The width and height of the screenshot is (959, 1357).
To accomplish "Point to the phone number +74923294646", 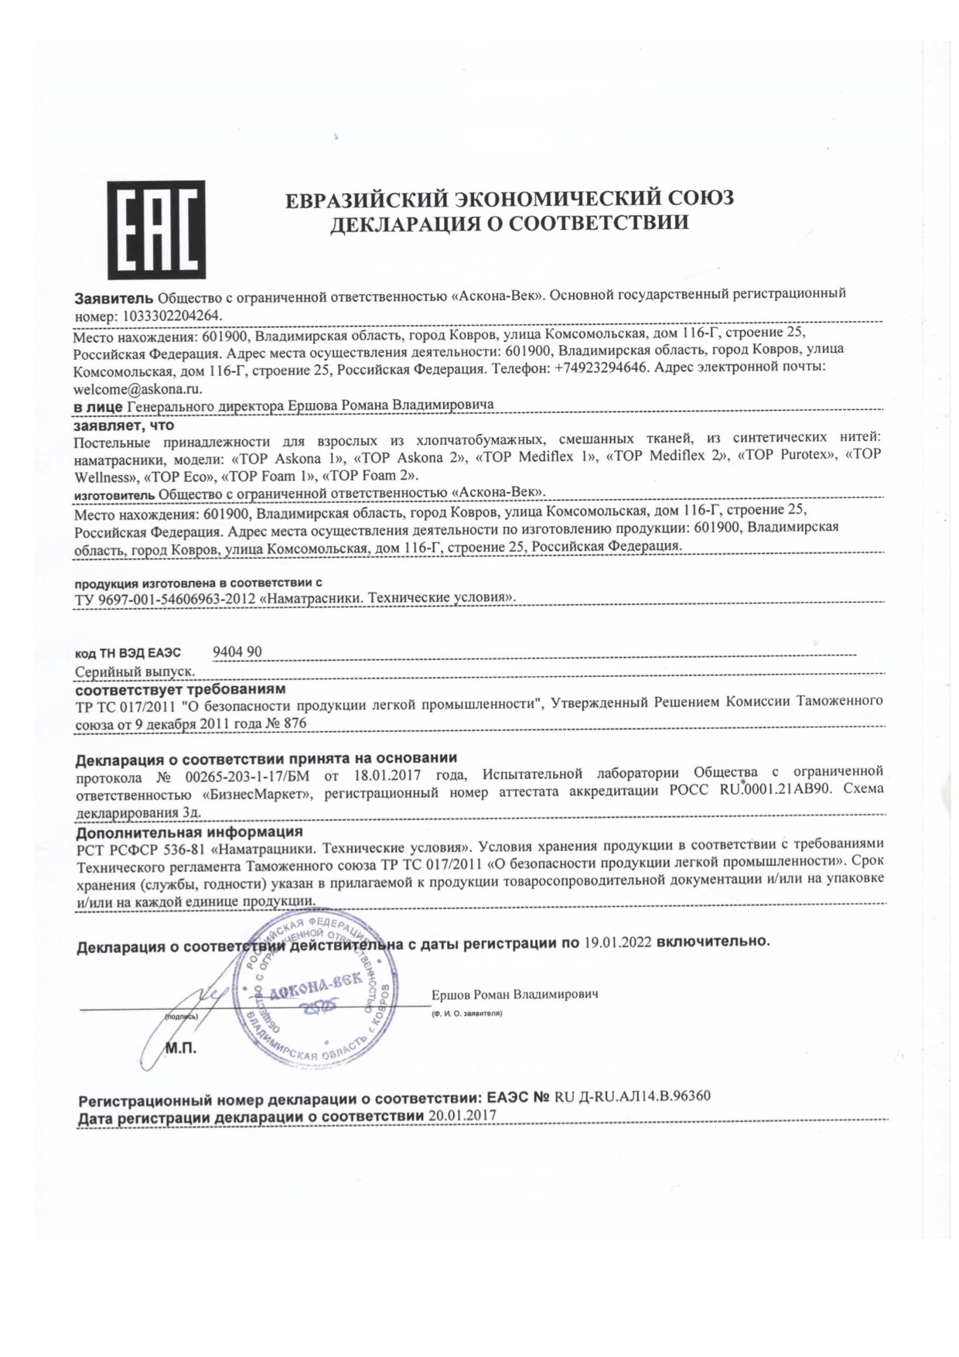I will (600, 369).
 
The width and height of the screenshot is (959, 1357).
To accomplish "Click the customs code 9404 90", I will (237, 652).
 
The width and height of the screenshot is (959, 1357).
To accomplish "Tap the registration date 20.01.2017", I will (462, 1116).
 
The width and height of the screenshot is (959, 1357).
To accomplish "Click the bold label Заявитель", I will (114, 298).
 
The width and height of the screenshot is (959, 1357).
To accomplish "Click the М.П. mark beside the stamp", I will (182, 1049).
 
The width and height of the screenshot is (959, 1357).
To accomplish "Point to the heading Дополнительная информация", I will (189, 832).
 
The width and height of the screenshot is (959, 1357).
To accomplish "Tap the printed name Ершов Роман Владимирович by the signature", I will (514, 994).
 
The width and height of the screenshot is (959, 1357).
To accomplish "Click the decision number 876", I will (295, 723).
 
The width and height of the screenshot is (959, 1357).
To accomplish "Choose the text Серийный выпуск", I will (135, 672).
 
